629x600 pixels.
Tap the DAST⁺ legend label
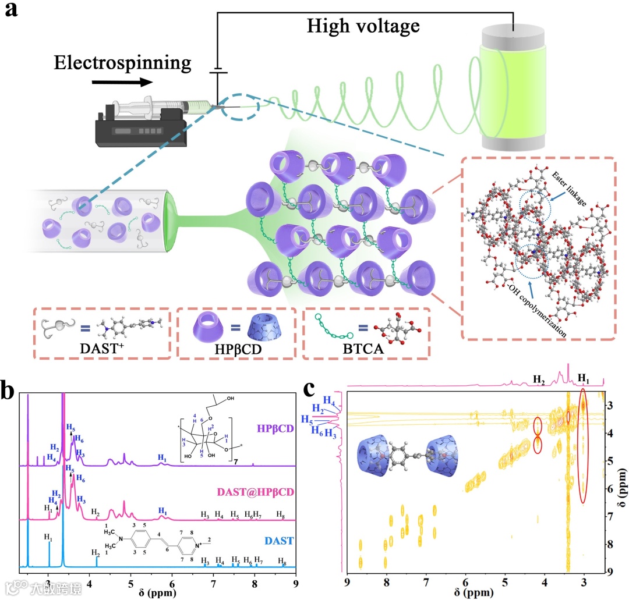pos(100,349)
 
